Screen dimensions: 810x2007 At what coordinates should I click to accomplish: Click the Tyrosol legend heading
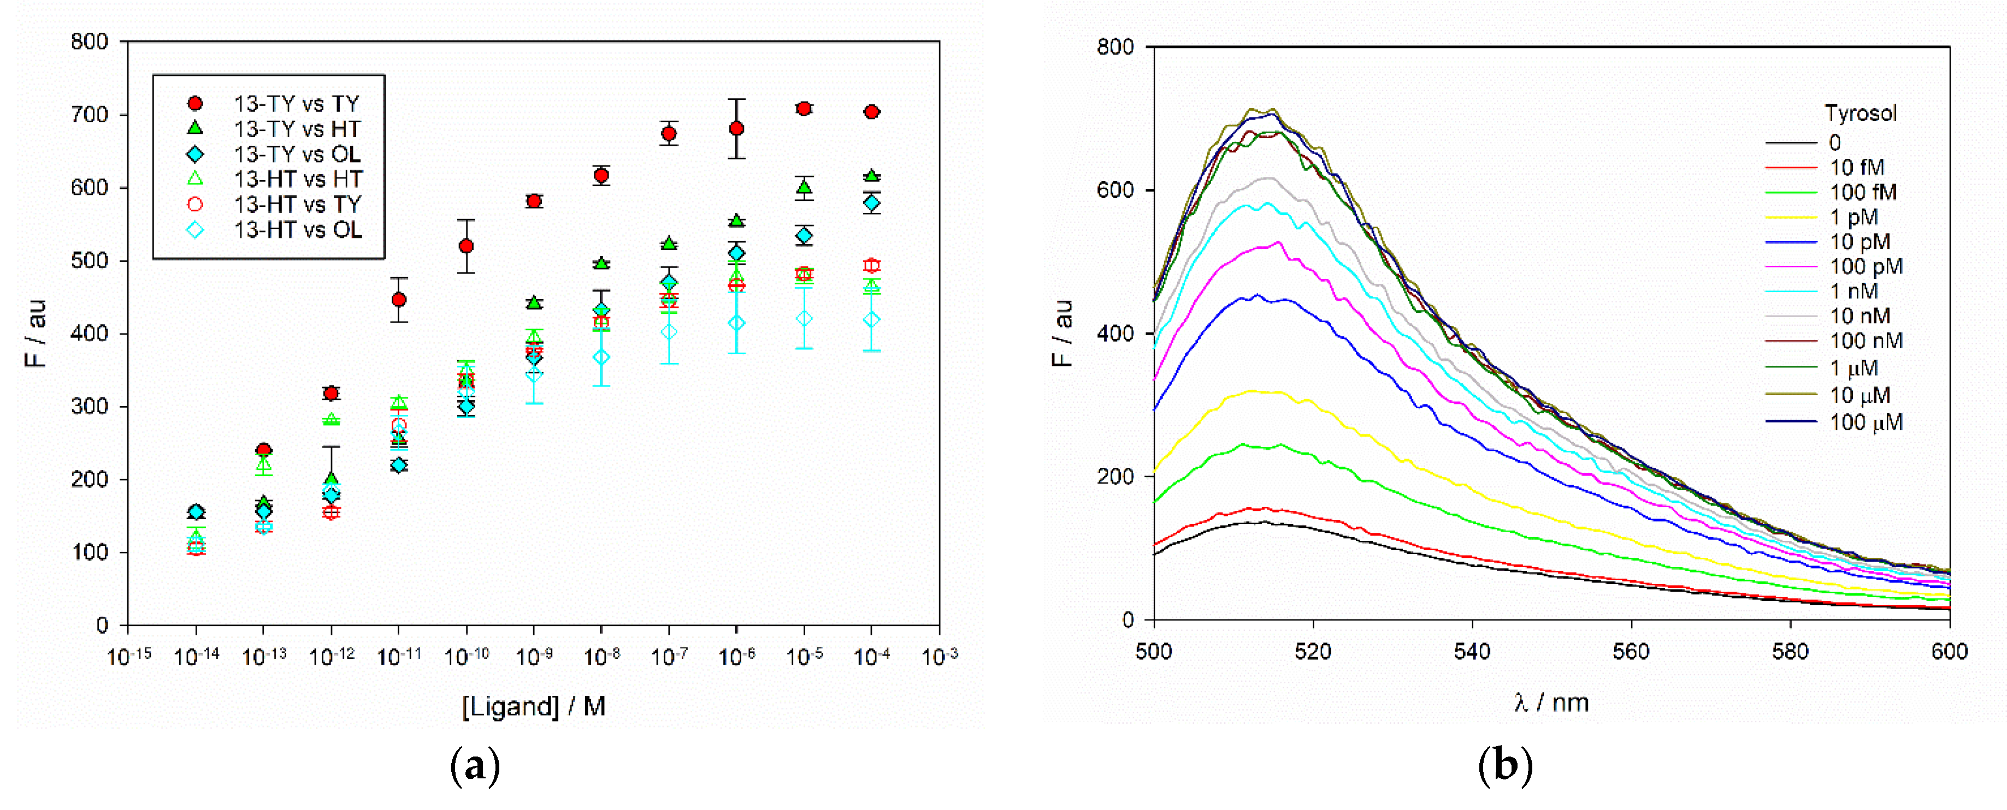[x=1861, y=114]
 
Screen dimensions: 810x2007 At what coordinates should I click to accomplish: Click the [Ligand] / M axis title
[x=534, y=706]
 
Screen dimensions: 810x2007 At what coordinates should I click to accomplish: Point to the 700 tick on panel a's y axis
[x=90, y=115]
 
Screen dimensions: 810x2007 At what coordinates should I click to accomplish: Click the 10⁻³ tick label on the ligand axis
[x=939, y=657]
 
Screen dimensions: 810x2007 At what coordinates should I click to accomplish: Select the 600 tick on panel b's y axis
[x=1115, y=190]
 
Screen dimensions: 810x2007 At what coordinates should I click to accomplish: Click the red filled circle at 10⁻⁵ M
[x=804, y=108]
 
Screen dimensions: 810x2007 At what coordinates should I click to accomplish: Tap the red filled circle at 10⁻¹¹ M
[x=399, y=300]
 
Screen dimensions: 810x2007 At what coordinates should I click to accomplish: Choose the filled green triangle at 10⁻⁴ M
[x=872, y=176]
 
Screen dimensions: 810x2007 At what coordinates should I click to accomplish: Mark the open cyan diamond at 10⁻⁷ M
[x=669, y=332]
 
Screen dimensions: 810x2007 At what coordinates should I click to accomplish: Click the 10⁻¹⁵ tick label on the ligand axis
[x=128, y=657]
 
